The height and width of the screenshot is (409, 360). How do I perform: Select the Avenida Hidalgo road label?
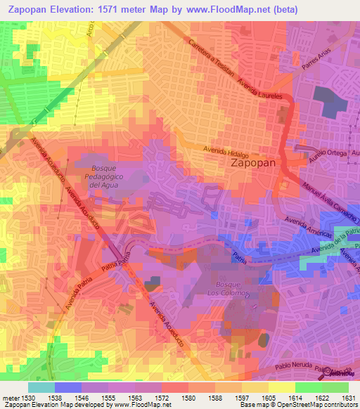click(x=226, y=150)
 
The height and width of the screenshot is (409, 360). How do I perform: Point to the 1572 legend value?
click(x=161, y=397)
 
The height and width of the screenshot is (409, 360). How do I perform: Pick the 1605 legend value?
click(x=268, y=397)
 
